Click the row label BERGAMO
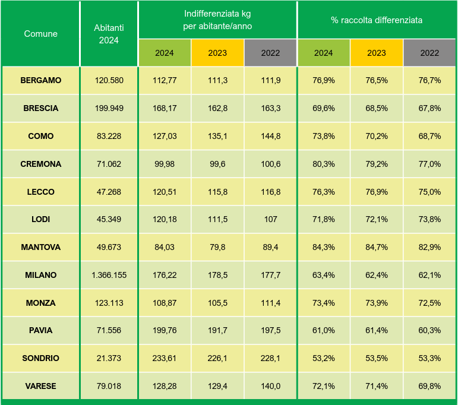(x=40, y=80)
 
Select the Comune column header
(x=40, y=34)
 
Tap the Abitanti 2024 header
(x=109, y=34)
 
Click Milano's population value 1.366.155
(x=109, y=275)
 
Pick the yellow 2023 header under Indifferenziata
(x=217, y=53)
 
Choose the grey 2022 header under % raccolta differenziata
(x=429, y=53)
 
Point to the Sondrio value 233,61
(x=164, y=358)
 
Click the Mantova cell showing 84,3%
(x=323, y=247)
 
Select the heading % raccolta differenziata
(x=377, y=20)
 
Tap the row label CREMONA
(x=40, y=164)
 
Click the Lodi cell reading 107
(x=270, y=219)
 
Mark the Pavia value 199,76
(x=164, y=330)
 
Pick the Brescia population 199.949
(x=109, y=108)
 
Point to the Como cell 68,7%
(x=429, y=136)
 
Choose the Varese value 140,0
(x=270, y=386)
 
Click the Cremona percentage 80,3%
(x=323, y=164)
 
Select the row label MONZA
(x=40, y=303)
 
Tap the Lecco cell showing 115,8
(x=217, y=192)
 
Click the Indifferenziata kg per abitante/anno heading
(x=217, y=20)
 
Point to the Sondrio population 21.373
(x=109, y=358)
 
